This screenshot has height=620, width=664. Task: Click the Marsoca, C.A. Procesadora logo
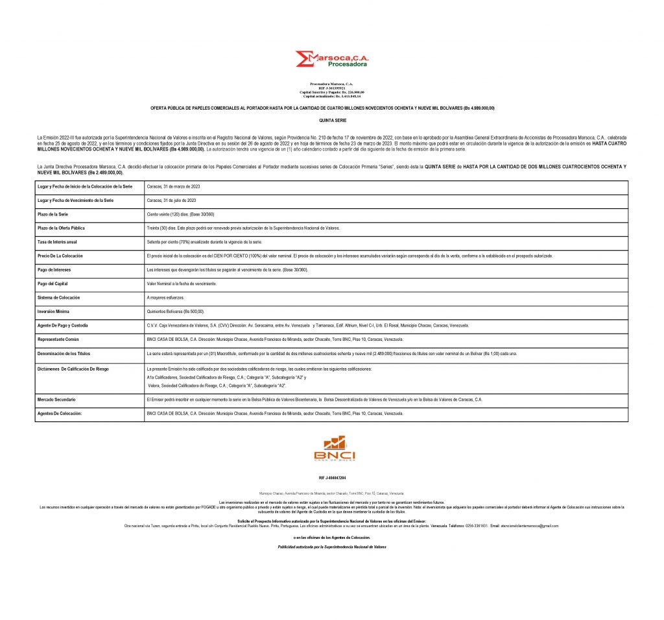(331, 59)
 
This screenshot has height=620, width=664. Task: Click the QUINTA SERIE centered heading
(331, 121)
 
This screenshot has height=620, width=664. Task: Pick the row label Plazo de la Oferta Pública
(62, 228)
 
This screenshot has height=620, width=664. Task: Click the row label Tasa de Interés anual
(58, 242)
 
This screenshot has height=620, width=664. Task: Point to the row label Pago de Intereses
(55, 269)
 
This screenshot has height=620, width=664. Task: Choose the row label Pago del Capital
(54, 283)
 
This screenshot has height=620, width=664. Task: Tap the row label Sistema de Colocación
(59, 297)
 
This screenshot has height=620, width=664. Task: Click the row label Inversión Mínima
(53, 311)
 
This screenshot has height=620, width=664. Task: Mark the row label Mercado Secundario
(57, 399)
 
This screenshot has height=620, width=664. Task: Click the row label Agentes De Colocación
(59, 413)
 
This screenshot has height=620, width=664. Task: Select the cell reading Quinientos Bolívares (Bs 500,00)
(176, 311)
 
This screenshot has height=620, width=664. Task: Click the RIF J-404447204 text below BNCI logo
(331, 477)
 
